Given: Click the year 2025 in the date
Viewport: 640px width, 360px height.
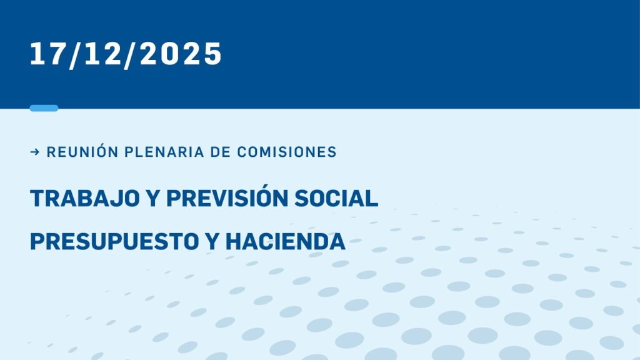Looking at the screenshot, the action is click(x=181, y=54).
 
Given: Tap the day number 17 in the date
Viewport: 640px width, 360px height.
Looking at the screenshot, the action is click(x=48, y=54).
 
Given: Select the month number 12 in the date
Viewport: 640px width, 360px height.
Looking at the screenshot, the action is click(x=103, y=54).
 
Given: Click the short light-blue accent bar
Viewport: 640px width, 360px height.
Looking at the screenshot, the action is click(x=44, y=108).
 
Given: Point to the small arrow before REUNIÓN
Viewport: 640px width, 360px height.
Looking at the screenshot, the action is click(x=35, y=152).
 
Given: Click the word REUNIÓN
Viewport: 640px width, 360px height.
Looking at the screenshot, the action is click(x=82, y=152).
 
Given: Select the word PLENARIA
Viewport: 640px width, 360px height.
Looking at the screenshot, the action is click(x=164, y=152).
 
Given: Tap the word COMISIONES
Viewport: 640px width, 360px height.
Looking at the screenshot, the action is click(x=287, y=152).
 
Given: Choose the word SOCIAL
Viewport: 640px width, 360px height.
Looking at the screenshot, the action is click(x=336, y=198).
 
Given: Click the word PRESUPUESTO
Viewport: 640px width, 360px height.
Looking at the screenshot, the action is click(x=115, y=241).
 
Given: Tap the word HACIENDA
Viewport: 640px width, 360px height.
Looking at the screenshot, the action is click(x=286, y=241).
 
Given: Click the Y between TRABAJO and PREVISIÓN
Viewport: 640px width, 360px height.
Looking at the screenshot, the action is click(x=153, y=198).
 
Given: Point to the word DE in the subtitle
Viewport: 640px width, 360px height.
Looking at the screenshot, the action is click(x=221, y=152).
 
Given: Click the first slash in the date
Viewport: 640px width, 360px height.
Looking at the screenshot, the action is click(x=76, y=55).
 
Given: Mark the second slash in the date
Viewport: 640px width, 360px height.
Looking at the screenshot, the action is click(x=130, y=55).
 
